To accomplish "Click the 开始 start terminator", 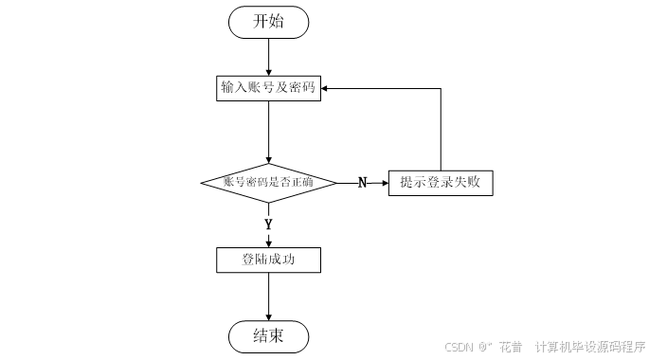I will click(x=268, y=22).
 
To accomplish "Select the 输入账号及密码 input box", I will click(x=268, y=88).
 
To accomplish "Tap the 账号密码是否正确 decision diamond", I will click(x=268, y=182).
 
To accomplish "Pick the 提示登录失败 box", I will click(x=440, y=182).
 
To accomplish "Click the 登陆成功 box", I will click(x=268, y=259).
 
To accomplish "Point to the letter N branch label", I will click(x=362, y=183).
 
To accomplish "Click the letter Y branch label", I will click(x=268, y=225).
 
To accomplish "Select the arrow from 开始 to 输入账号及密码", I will click(x=268, y=56).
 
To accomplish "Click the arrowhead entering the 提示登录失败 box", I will click(x=384, y=182).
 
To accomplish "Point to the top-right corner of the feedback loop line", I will click(x=441, y=88).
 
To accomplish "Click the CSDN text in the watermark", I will click(x=459, y=347).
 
